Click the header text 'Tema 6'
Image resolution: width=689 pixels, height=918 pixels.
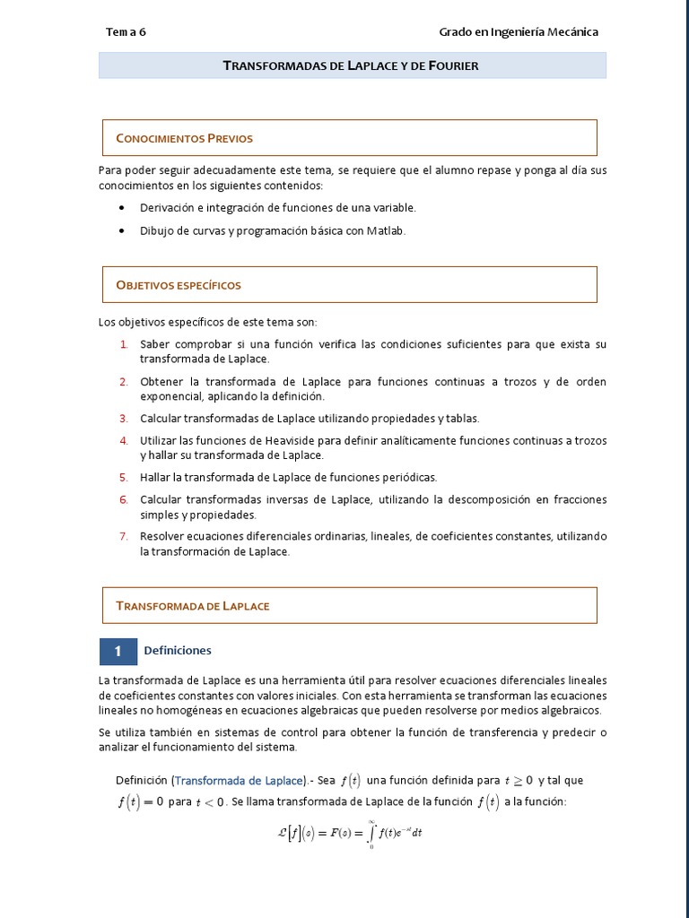pyautogui.click(x=126, y=32)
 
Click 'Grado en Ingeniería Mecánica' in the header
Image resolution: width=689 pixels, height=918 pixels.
pyautogui.click(x=518, y=32)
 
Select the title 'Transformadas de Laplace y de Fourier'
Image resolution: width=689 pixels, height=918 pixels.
pyautogui.click(x=350, y=65)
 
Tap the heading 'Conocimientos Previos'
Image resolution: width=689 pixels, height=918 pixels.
pyautogui.click(x=184, y=138)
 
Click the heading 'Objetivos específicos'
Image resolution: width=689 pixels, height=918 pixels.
pyautogui.click(x=179, y=285)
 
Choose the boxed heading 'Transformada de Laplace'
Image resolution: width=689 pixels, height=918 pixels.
pyautogui.click(x=192, y=606)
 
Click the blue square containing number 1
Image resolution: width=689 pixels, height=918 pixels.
pyautogui.click(x=118, y=652)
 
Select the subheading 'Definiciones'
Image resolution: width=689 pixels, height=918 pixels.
pyautogui.click(x=177, y=651)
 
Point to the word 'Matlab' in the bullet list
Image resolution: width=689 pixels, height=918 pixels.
pyautogui.click(x=385, y=231)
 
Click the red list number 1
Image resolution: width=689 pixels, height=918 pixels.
pyautogui.click(x=124, y=345)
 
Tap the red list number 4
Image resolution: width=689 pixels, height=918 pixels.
pyautogui.click(x=124, y=441)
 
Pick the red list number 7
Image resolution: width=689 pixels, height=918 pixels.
pyautogui.click(x=124, y=537)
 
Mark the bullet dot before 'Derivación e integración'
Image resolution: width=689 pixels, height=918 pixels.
pyautogui.click(x=122, y=208)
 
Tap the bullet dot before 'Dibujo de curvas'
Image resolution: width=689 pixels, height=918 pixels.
pyautogui.click(x=122, y=231)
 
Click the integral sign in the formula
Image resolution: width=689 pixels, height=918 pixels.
pyautogui.click(x=371, y=834)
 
